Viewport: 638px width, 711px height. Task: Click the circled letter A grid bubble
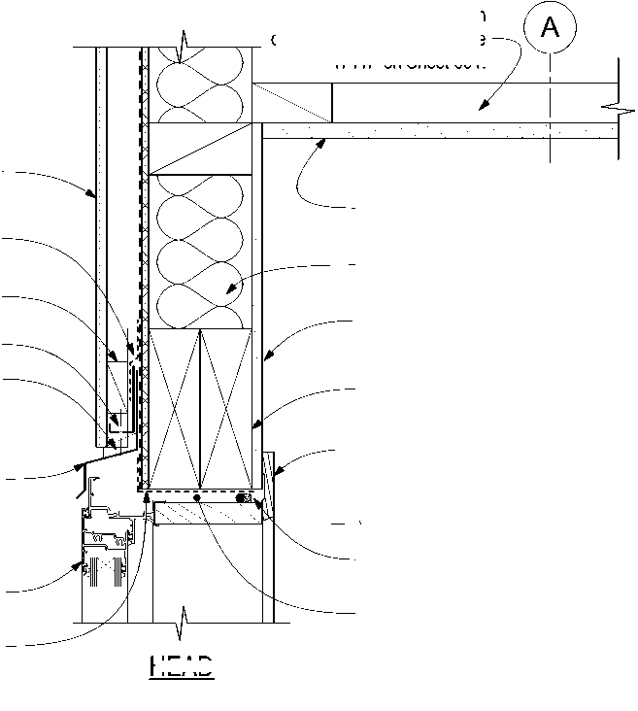click(550, 29)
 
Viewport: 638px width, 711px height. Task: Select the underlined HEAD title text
click(182, 667)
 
